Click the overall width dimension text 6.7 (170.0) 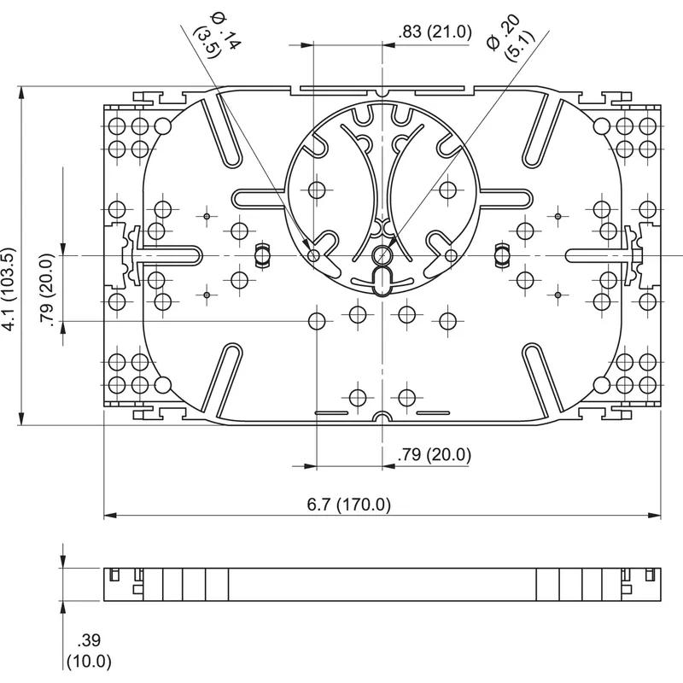[x=348, y=505]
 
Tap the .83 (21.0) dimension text [x=434, y=32]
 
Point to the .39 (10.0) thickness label [x=90, y=651]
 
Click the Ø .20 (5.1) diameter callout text [x=503, y=39]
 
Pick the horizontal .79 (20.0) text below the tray [x=434, y=455]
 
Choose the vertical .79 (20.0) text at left [x=48, y=289]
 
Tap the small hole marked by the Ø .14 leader [x=314, y=255]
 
